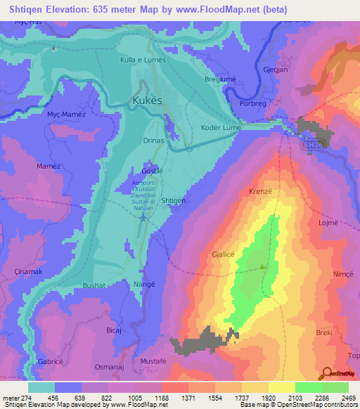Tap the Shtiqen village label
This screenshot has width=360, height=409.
(174, 200)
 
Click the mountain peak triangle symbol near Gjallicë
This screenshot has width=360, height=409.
(263, 266)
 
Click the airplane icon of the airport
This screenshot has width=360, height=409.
(144, 216)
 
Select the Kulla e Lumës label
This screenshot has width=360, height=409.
(143, 61)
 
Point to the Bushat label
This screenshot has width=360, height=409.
(94, 286)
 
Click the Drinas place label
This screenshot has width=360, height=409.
(153, 141)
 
